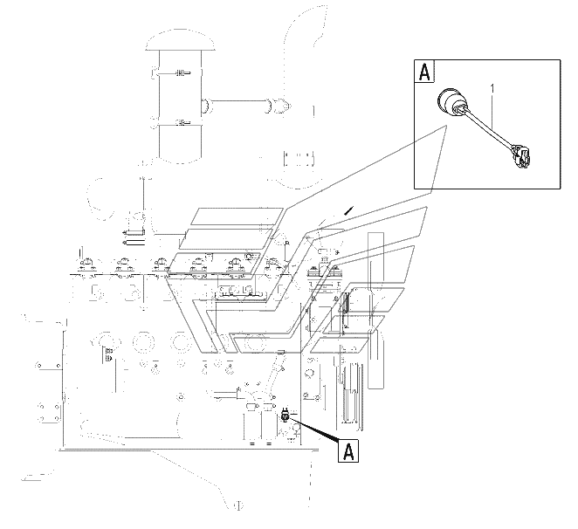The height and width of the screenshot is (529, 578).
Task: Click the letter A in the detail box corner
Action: (x=424, y=72)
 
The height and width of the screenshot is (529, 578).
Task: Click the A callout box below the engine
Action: (x=348, y=450)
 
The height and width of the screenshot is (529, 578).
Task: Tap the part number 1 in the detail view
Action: (x=492, y=89)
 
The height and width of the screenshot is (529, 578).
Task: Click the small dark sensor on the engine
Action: (x=285, y=416)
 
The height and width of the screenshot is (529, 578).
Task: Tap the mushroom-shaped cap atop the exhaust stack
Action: (x=180, y=40)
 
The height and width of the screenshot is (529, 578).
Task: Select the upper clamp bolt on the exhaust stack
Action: (x=182, y=73)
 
